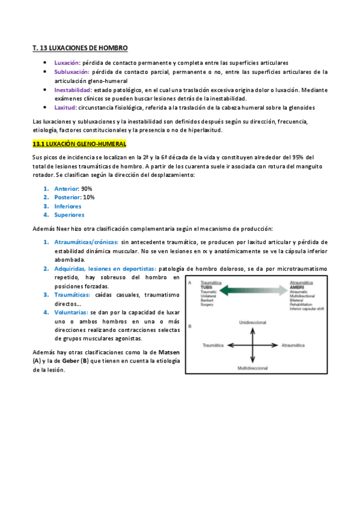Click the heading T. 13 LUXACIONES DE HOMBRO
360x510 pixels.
tap(81, 48)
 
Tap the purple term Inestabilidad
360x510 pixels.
tap(72, 90)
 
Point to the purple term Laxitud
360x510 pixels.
tap(65, 108)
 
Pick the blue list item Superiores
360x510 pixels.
tap(69, 215)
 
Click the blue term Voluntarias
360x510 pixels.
tap(71, 313)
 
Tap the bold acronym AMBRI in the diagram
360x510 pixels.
tap(296, 287)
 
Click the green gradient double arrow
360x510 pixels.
tap(253, 292)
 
